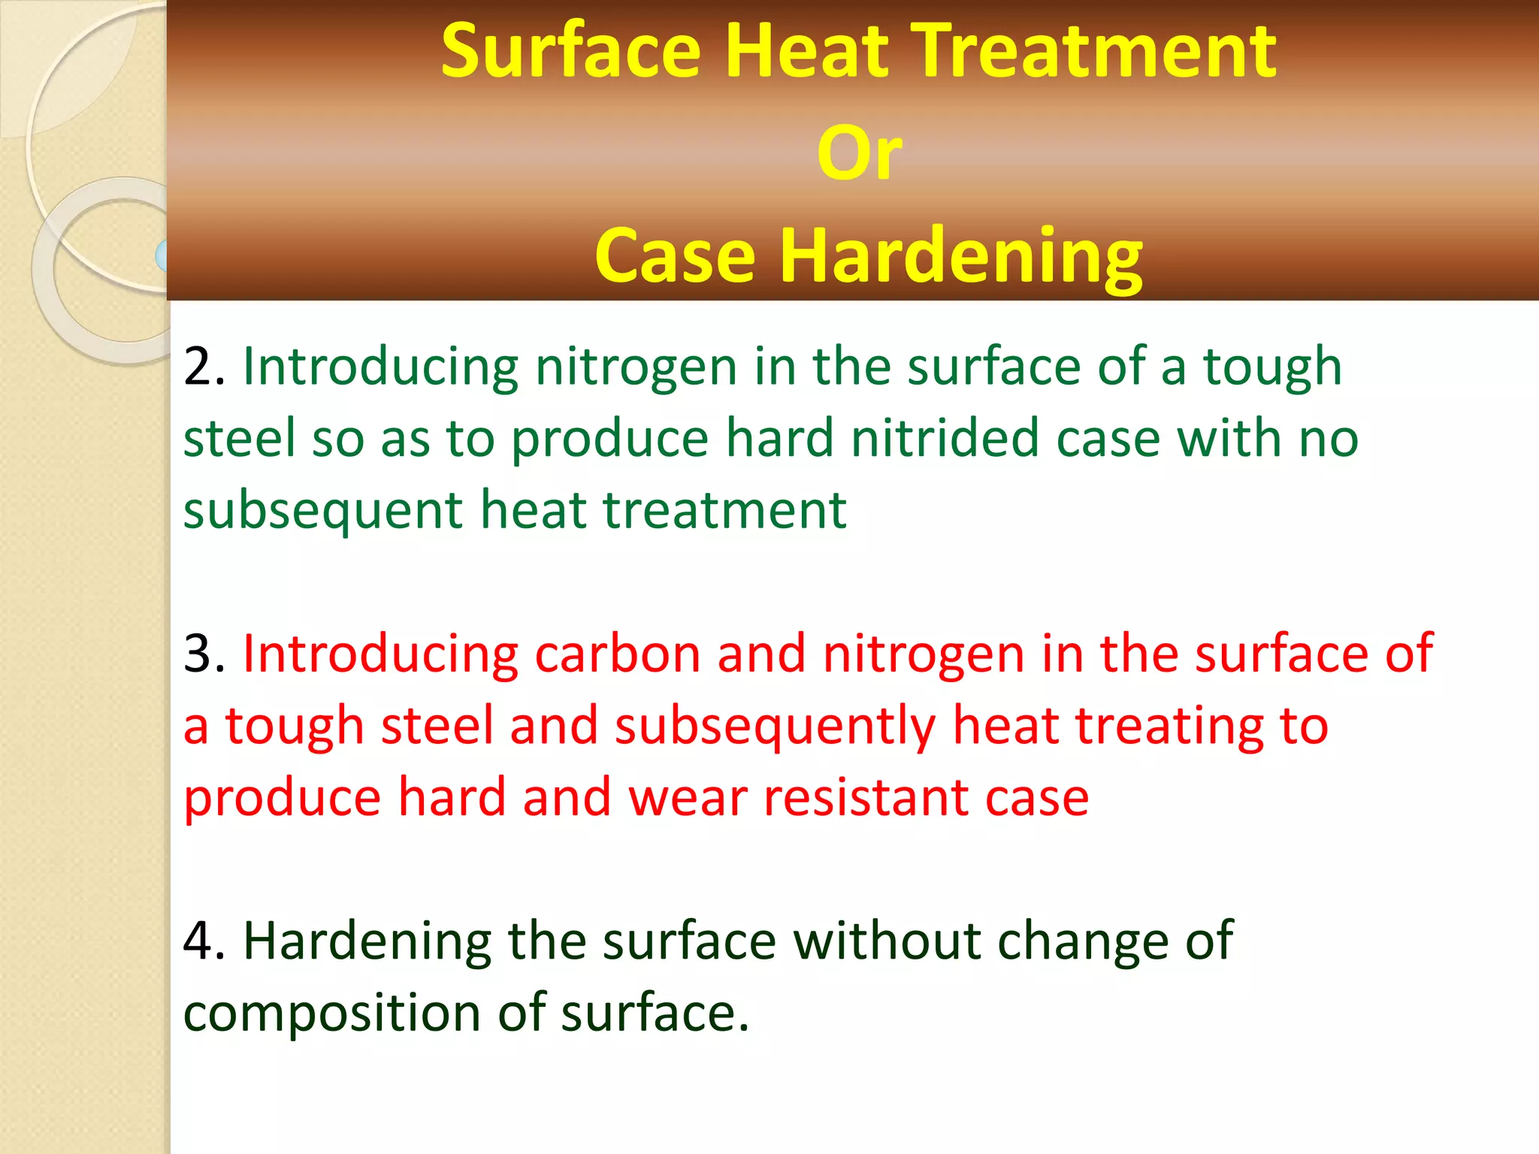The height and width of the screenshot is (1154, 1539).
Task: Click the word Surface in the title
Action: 570,50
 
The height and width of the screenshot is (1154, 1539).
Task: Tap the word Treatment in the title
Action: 1099,50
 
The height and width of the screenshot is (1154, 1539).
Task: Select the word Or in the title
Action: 859,153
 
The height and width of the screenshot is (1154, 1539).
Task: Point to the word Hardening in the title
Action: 961,257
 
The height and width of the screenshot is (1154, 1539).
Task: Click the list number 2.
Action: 203,367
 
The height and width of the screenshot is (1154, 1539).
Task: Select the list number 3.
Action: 203,654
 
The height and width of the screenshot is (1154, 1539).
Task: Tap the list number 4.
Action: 203,941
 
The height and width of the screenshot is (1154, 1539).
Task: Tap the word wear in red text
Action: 688,798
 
